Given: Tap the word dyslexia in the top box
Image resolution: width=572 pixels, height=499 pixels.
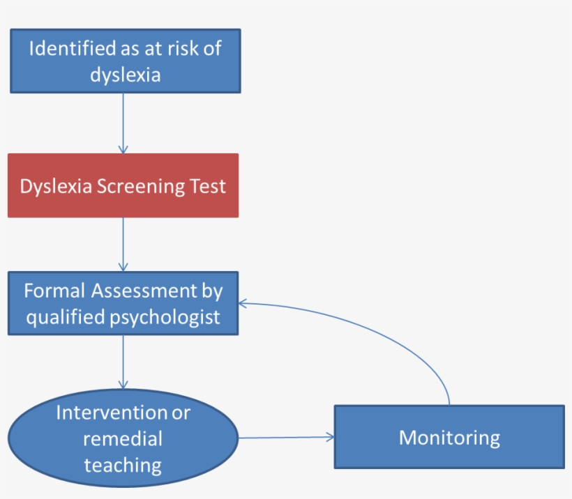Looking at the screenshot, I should (x=126, y=75).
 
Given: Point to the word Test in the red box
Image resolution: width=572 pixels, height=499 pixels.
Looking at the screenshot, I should (x=209, y=187).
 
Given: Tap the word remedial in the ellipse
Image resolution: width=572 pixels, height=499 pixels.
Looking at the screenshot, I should (x=123, y=438).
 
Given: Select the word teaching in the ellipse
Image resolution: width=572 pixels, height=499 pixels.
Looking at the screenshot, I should (x=123, y=464).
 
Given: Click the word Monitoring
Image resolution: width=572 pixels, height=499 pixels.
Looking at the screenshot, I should (x=449, y=438).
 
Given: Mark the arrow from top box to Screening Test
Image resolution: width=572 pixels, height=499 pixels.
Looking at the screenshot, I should (x=123, y=122).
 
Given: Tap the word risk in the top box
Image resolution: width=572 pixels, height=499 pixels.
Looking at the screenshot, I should (x=195, y=49).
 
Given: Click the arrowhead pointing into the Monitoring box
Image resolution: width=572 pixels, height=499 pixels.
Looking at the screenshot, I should (x=330, y=437).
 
